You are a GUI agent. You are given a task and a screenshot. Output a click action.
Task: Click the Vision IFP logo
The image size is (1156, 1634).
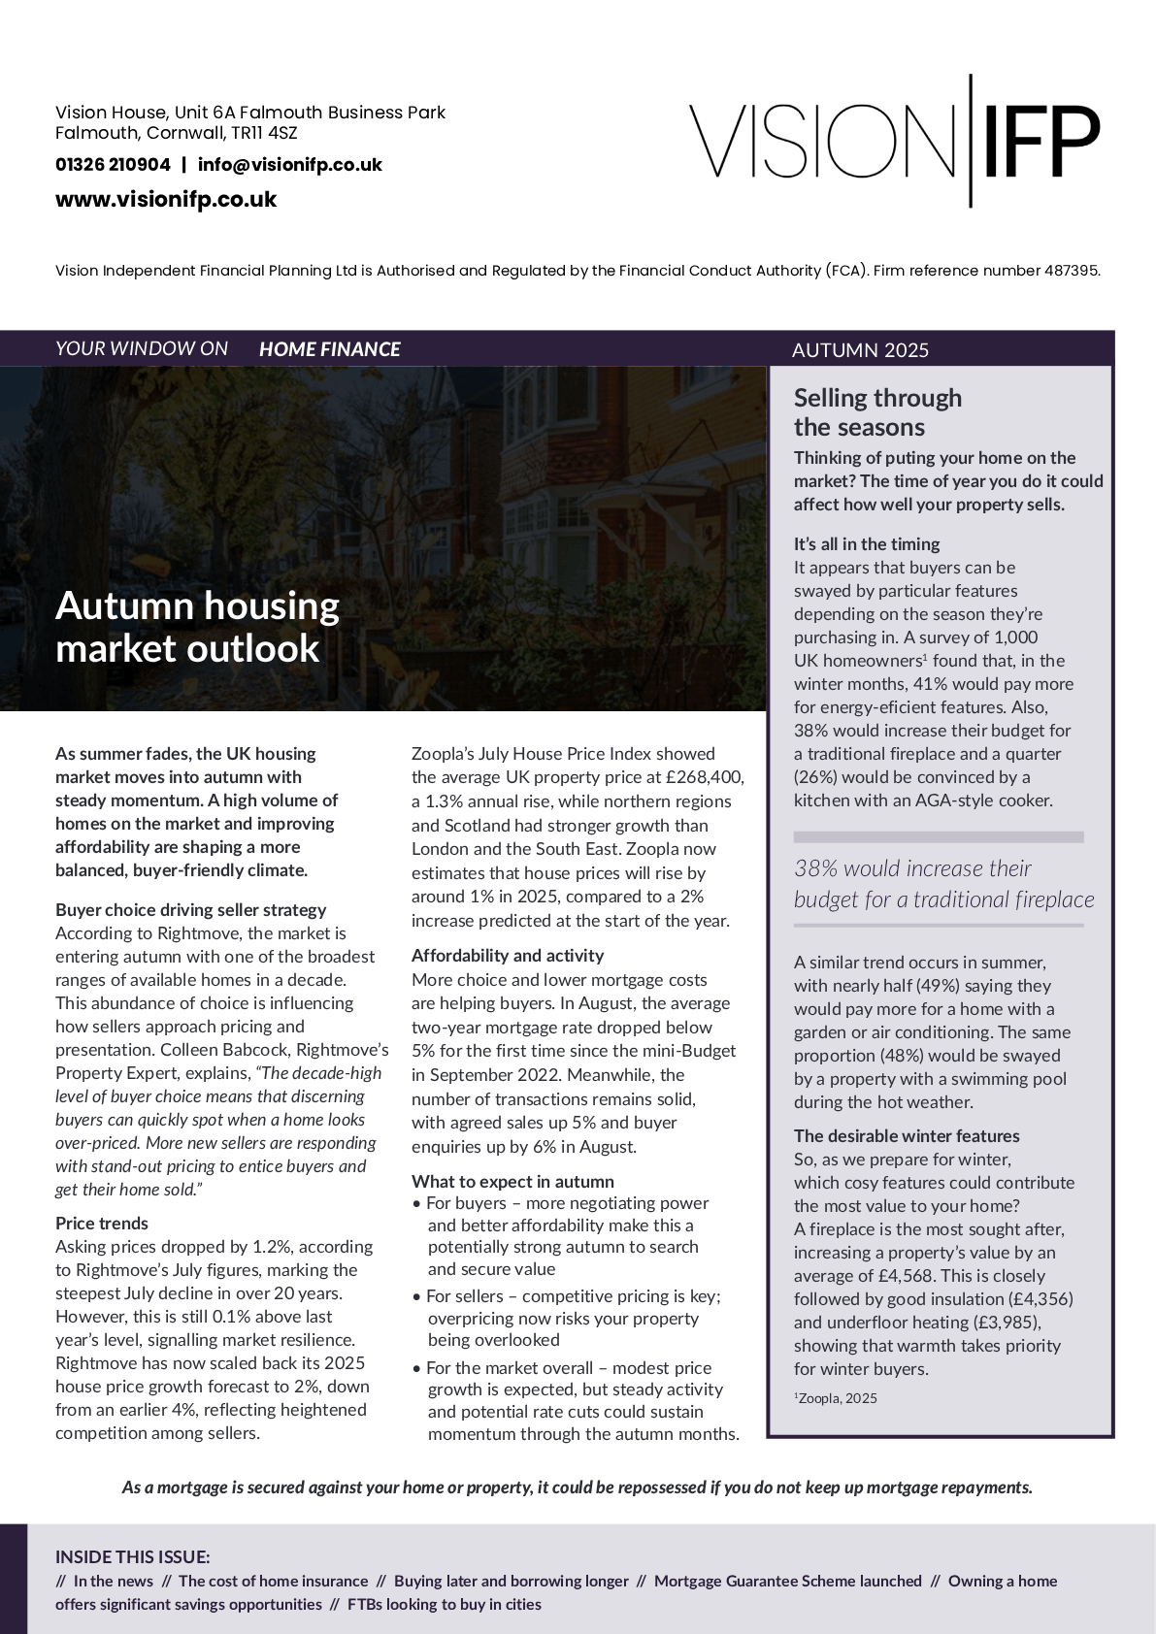click(894, 142)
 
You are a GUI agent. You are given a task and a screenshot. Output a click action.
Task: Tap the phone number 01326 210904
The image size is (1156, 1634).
click(113, 165)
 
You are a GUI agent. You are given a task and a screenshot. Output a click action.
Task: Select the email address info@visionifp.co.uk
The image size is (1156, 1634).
click(289, 165)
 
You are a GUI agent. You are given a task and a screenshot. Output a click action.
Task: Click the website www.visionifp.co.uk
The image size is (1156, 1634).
click(166, 200)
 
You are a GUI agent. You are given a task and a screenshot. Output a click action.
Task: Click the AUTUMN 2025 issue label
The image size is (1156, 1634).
click(860, 350)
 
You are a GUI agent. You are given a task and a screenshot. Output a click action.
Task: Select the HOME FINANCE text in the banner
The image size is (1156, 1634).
click(329, 349)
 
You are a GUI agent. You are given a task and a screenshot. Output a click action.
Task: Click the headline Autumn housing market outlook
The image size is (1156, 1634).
click(197, 627)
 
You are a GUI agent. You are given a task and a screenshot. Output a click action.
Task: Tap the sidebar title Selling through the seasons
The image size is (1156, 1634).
click(877, 412)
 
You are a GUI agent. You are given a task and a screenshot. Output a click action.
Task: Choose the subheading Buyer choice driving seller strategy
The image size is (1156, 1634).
click(190, 910)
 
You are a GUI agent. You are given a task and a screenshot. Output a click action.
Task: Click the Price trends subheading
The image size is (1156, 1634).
click(102, 1224)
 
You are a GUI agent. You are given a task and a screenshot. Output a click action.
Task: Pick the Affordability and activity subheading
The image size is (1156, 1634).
click(507, 956)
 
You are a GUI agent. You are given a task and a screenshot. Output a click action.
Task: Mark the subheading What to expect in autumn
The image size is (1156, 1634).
click(512, 1182)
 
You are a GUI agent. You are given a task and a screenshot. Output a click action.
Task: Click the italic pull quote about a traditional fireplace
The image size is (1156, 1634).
click(943, 884)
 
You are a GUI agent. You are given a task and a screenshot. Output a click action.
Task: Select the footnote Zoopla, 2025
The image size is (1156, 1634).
click(837, 1398)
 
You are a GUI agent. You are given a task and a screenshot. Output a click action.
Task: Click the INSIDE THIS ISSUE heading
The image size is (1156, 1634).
click(133, 1557)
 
